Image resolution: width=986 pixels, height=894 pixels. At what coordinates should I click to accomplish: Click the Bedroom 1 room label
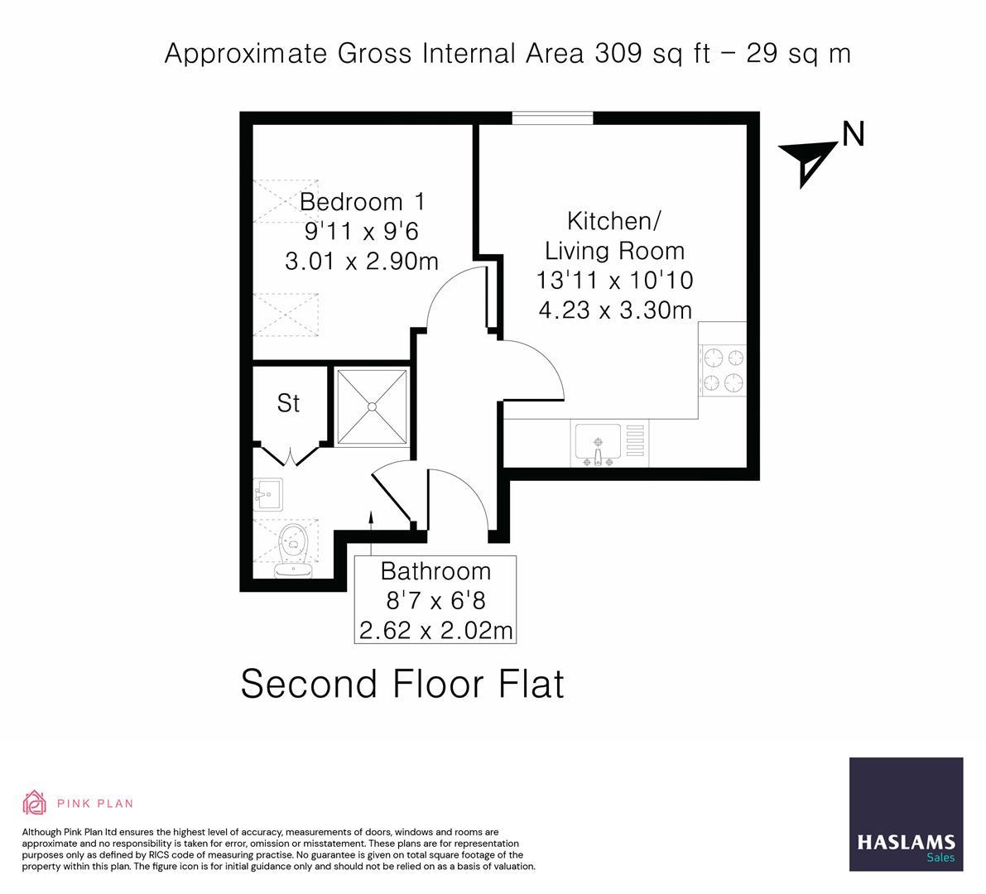click(362, 202)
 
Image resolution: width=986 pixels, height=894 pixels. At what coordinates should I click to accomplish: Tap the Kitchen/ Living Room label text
click(614, 236)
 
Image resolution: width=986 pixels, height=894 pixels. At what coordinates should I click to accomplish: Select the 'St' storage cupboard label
click(288, 404)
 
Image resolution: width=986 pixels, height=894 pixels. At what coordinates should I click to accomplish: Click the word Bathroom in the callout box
click(435, 571)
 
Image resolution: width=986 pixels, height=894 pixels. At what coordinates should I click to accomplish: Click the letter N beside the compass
click(853, 134)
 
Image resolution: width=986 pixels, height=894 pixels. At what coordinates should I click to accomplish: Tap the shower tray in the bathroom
click(372, 406)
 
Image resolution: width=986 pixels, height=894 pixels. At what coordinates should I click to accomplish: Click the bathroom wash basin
click(267, 496)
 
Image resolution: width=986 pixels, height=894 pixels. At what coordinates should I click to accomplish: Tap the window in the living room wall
click(552, 118)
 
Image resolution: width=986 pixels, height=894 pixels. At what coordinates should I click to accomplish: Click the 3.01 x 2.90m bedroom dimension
click(362, 262)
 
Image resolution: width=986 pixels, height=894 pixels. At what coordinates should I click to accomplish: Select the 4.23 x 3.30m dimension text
click(614, 310)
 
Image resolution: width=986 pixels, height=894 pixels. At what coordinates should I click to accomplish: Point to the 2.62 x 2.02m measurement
click(435, 630)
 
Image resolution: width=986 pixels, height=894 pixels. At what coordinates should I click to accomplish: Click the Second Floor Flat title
click(402, 685)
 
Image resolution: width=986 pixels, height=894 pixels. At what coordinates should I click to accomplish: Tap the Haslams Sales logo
click(906, 814)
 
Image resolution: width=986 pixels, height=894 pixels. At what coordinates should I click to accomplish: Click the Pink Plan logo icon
click(35, 802)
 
